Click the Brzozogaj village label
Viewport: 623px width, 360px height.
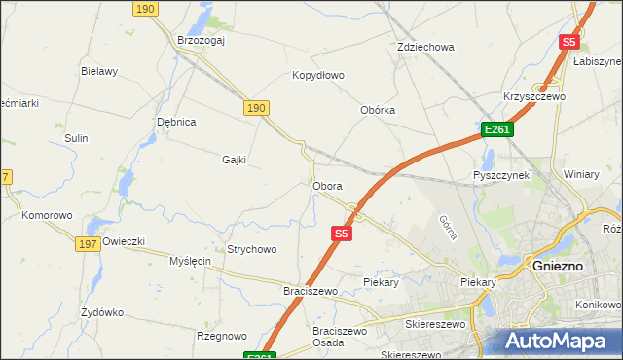click(x=202, y=40)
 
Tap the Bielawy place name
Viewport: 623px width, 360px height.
click(x=99, y=71)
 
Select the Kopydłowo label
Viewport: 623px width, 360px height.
click(x=318, y=75)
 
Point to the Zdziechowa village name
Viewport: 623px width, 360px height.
click(x=425, y=47)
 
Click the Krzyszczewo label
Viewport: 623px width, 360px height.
click(x=534, y=96)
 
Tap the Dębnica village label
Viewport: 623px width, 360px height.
click(x=177, y=122)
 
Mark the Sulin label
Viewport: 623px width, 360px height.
click(x=77, y=138)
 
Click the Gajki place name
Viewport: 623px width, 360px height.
click(x=235, y=160)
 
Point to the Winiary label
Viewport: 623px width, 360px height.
click(x=581, y=174)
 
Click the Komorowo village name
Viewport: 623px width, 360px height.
click(x=48, y=215)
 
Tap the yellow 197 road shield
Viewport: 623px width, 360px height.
click(x=86, y=243)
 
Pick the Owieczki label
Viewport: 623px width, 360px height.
click(x=124, y=241)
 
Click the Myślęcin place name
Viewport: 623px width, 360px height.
click(x=190, y=261)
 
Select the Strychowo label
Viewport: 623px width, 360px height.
click(x=252, y=249)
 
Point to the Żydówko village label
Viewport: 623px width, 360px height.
click(x=102, y=312)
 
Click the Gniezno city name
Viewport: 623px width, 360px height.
click(x=558, y=264)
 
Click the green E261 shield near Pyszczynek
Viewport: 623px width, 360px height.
click(x=496, y=130)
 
